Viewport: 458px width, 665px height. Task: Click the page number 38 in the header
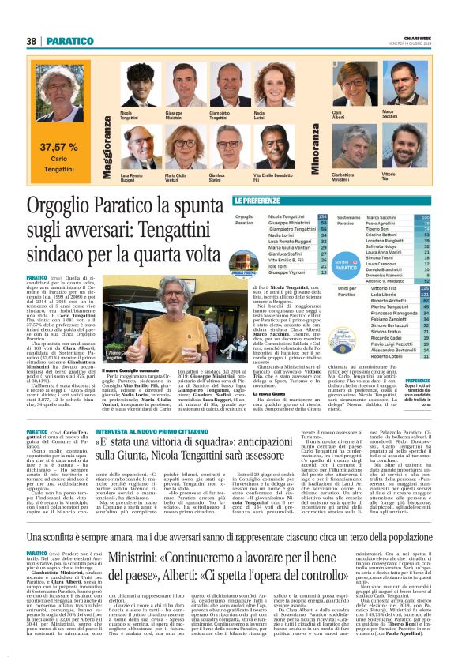pos(32,41)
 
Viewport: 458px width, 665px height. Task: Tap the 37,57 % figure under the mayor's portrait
pos(59,147)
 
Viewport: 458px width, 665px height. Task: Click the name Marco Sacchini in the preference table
pos(381,216)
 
